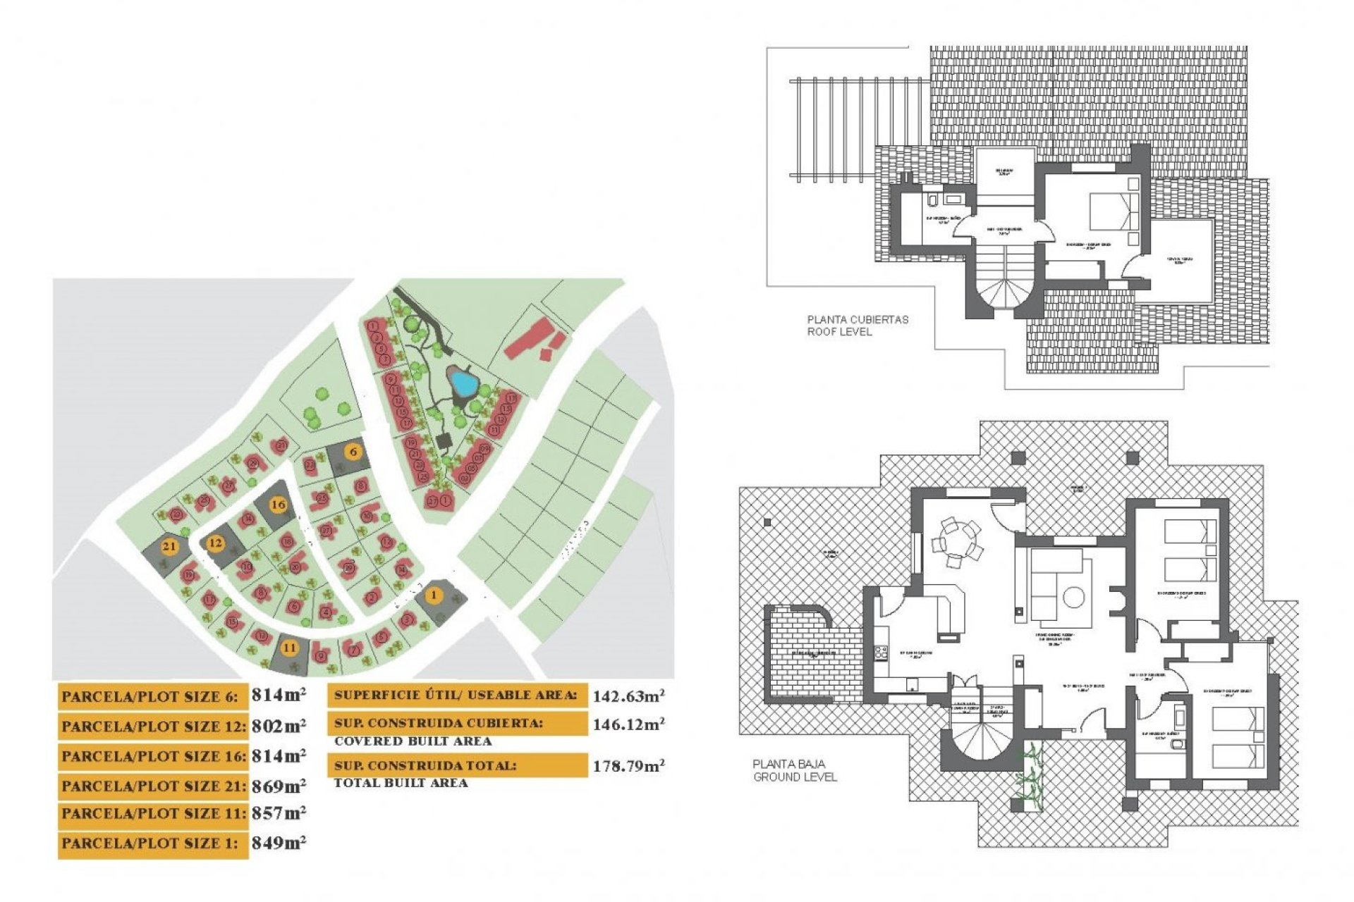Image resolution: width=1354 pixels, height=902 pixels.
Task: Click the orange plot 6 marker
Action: pyautogui.click(x=353, y=452)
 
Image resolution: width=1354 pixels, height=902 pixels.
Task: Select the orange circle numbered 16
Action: pyautogui.click(x=279, y=505)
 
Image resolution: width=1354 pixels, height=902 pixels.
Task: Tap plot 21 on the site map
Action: pyautogui.click(x=169, y=546)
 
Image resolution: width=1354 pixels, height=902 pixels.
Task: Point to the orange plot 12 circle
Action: pyautogui.click(x=215, y=543)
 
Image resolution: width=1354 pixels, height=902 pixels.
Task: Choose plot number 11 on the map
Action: pyautogui.click(x=289, y=648)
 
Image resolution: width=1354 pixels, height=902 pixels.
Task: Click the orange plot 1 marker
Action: pyautogui.click(x=434, y=595)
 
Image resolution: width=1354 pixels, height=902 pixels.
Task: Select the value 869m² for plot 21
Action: pyautogui.click(x=279, y=785)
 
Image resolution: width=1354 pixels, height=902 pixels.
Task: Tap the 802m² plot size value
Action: pyautogui.click(x=279, y=725)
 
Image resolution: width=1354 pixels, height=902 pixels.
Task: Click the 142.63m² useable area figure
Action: pyautogui.click(x=628, y=696)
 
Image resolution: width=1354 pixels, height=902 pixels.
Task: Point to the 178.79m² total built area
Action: pyautogui.click(x=628, y=766)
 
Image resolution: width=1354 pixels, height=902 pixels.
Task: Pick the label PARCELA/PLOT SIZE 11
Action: pyautogui.click(x=153, y=814)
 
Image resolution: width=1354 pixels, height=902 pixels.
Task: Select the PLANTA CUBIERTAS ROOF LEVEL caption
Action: pyautogui.click(x=858, y=325)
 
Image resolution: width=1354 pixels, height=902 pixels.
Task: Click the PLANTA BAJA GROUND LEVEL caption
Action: pyautogui.click(x=794, y=770)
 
